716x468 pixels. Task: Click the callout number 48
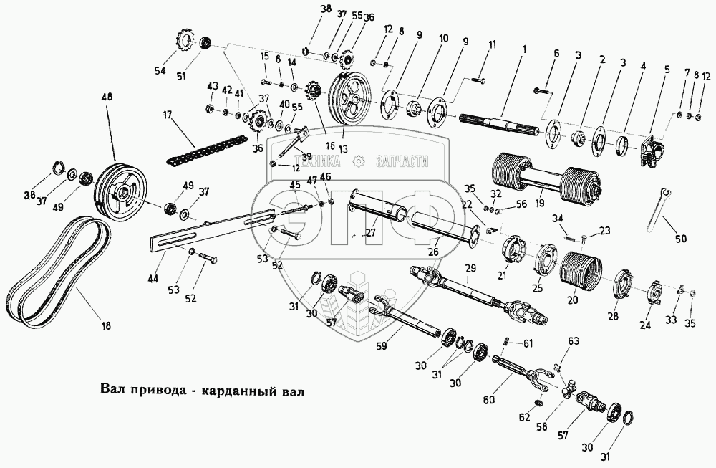tap(108, 97)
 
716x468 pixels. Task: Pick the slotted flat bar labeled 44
tap(213, 228)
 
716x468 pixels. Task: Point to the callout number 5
tap(667, 70)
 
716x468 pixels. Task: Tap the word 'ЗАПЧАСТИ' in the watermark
tap(402, 161)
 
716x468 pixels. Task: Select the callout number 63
tap(574, 340)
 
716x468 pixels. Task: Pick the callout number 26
tap(433, 252)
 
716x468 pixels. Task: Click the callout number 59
tap(381, 346)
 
